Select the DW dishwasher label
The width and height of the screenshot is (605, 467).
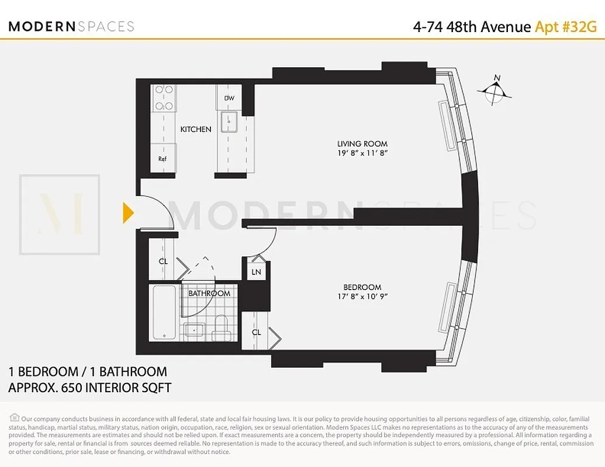[x=229, y=98]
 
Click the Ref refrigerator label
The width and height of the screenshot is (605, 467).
[x=162, y=158]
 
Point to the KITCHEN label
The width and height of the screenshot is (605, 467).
[x=195, y=129]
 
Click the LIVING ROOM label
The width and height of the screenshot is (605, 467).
[x=362, y=144]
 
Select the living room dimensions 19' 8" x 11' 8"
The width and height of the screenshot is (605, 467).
[x=362, y=154]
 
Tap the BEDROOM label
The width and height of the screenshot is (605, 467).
[x=362, y=287]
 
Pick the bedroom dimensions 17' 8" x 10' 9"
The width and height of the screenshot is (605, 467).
[x=362, y=297]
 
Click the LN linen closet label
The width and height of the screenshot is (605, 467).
[x=256, y=272]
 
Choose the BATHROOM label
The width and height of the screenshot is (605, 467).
[x=209, y=293]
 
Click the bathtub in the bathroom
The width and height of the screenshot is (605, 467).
[x=164, y=312]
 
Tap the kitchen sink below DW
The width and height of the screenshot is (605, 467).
[x=229, y=123]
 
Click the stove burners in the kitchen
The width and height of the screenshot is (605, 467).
[x=163, y=97]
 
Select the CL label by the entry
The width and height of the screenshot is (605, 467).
[x=163, y=262]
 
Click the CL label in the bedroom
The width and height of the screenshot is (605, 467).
[x=256, y=332]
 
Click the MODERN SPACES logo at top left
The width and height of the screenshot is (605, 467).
[x=71, y=26]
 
